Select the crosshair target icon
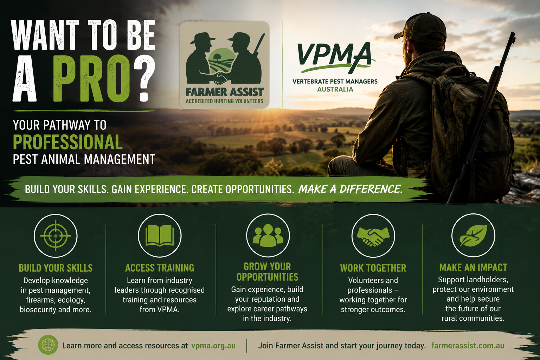56,236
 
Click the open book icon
160,236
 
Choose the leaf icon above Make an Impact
473,236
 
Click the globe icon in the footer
48,345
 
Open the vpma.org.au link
213,346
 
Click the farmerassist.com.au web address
468,346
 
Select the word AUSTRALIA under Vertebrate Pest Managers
335,89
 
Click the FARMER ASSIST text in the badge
224,92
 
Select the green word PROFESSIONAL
68,142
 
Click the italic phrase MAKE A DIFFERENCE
350,189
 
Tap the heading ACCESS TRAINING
160,268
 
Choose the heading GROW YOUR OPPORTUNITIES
267,272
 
